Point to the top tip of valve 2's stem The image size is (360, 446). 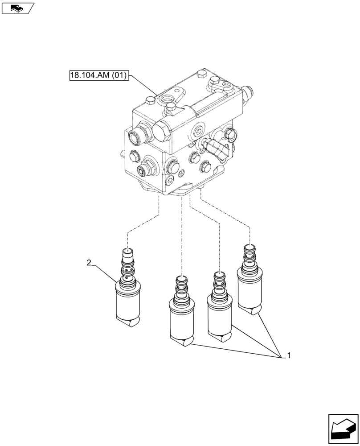click(128, 251)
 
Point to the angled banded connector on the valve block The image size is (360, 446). click(217, 150)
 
